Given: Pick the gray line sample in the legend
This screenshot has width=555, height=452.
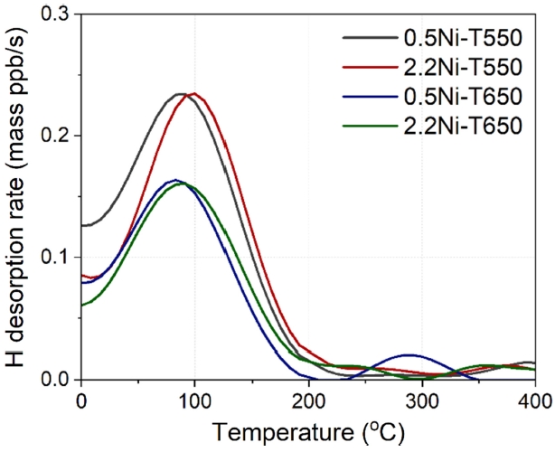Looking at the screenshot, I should pyautogui.click(x=368, y=40).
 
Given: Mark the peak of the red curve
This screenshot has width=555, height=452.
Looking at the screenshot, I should pyautogui.click(x=193, y=93).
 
